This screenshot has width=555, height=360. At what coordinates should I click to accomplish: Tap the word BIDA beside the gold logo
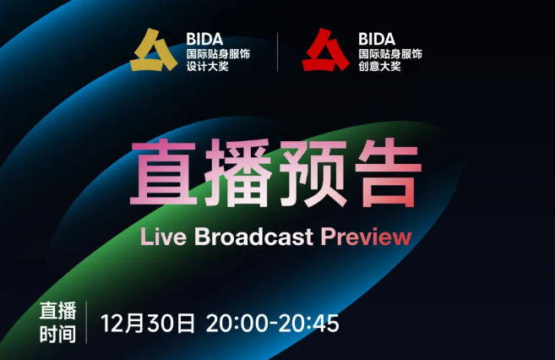[204, 39]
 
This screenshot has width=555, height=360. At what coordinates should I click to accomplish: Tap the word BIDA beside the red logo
[377, 39]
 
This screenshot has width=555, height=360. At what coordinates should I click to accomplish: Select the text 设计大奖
[208, 66]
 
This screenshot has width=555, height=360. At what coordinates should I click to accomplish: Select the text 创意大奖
[379, 66]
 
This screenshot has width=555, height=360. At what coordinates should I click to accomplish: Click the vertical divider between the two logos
[277, 52]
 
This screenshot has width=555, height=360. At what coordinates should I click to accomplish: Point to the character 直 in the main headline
[164, 172]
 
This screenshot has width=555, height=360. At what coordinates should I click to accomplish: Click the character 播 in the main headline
[237, 172]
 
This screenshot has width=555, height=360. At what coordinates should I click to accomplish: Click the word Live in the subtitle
[163, 236]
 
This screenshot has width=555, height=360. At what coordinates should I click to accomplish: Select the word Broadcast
[253, 236]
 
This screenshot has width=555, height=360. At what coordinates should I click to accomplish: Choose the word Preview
[366, 236]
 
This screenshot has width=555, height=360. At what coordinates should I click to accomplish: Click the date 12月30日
[148, 323]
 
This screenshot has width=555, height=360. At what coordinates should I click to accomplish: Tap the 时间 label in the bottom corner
[57, 335]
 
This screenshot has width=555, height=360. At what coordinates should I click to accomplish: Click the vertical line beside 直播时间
[86, 322]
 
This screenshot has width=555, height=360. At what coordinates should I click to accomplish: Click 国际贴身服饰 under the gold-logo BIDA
[218, 54]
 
